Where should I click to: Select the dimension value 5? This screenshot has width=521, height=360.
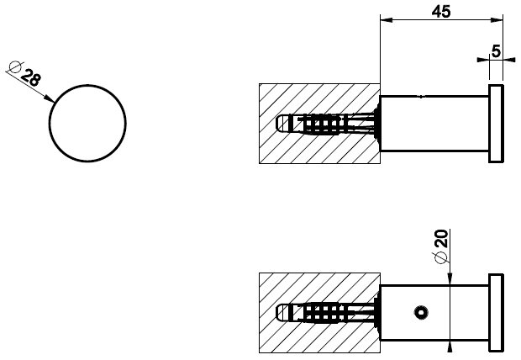tap(497, 50)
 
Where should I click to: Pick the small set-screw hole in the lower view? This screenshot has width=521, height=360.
tap(418, 314)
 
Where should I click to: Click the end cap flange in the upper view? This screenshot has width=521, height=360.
tap(496, 123)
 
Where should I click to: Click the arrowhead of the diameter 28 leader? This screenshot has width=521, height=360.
tap(50, 100)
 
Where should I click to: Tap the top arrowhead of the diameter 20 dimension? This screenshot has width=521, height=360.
tap(452, 279)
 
